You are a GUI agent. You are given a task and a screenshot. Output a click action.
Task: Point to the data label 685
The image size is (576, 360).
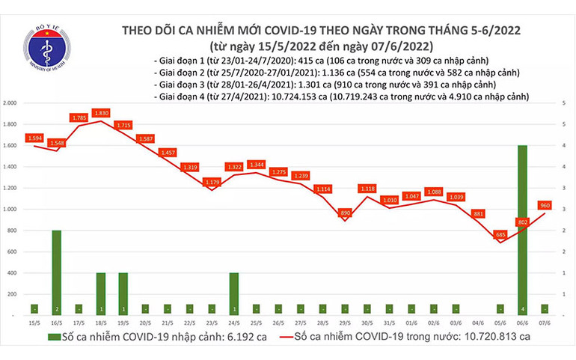[x=500, y=236]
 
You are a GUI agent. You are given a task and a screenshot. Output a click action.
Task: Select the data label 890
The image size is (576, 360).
[x=345, y=213]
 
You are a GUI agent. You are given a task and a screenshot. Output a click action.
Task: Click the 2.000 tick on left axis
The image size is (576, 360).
[x=10, y=103]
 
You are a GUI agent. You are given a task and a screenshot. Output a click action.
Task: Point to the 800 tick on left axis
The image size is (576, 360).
[x=13, y=231]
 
